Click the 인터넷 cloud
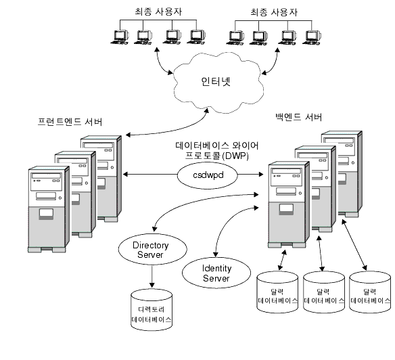[216, 82]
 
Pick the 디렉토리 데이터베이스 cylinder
[151, 311]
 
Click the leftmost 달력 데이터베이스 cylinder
[277, 293]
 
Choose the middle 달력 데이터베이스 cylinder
[324, 293]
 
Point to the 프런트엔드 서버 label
[70, 122]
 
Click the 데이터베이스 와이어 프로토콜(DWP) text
[216, 150]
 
